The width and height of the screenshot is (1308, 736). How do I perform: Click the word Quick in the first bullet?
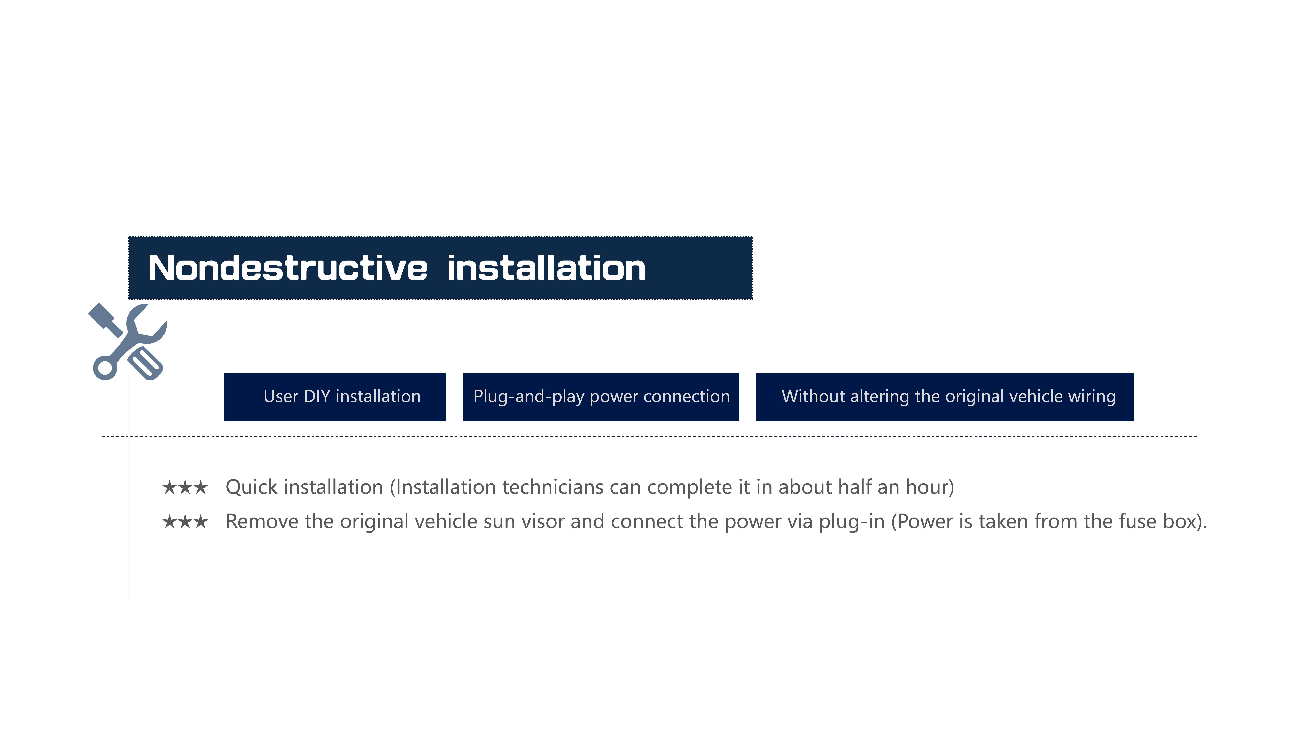point(252,488)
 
